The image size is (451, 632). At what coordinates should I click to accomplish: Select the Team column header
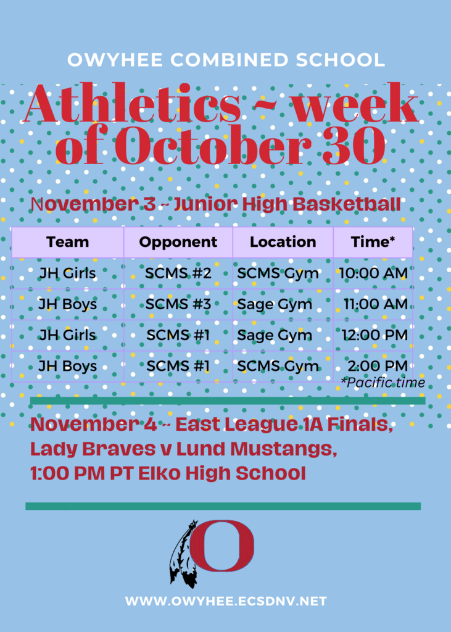pyautogui.click(x=67, y=242)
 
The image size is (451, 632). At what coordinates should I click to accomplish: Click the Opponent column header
pyautogui.click(x=178, y=242)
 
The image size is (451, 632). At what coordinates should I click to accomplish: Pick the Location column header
pyautogui.click(x=283, y=242)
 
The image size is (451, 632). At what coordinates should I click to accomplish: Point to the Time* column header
pyautogui.click(x=373, y=242)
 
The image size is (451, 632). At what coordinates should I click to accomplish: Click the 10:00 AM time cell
pyautogui.click(x=373, y=273)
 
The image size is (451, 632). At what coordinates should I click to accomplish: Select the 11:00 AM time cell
pyautogui.click(x=376, y=304)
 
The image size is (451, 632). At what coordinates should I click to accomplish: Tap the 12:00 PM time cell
pyautogui.click(x=375, y=335)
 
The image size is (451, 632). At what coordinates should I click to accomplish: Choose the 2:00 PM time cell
pyautogui.click(x=378, y=366)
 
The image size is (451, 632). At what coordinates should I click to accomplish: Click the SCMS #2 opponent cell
pyautogui.click(x=178, y=273)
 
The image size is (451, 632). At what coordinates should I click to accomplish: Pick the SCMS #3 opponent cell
pyautogui.click(x=178, y=304)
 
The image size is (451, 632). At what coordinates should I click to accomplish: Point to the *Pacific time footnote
pyautogui.click(x=383, y=382)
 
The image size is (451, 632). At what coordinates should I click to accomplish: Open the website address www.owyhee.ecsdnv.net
pyautogui.click(x=226, y=601)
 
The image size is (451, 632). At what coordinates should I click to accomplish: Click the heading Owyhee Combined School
pyautogui.click(x=226, y=60)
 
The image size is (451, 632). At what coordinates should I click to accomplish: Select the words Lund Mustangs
pyautogui.click(x=256, y=449)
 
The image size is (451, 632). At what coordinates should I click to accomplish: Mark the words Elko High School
pyautogui.click(x=222, y=473)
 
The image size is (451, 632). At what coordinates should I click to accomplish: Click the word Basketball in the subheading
pyautogui.click(x=347, y=204)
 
